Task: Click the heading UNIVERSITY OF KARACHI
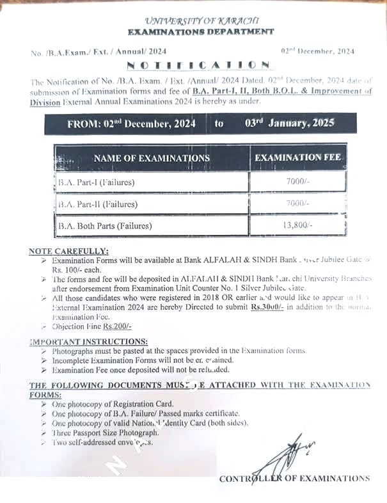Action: click(x=200, y=21)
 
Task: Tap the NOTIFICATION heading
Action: click(x=198, y=65)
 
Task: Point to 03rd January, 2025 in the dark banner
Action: click(x=289, y=123)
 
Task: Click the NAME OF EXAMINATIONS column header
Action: click(x=151, y=157)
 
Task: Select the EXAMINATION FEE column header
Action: click(x=298, y=157)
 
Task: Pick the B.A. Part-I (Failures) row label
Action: click(x=92, y=182)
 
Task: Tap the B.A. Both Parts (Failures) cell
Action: click(x=105, y=225)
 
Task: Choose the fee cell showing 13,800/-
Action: click(x=298, y=225)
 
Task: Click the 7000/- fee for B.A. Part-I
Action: click(x=298, y=182)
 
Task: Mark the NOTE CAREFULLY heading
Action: click(x=69, y=251)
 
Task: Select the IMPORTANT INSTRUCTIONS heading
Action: click(x=89, y=341)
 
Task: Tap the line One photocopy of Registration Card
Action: click(x=113, y=404)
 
